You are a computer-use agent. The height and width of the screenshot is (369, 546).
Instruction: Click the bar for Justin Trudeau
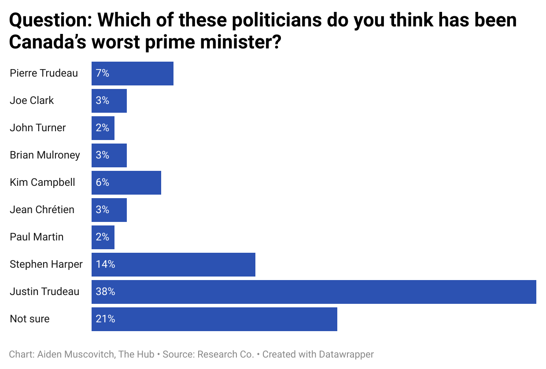[x=314, y=292]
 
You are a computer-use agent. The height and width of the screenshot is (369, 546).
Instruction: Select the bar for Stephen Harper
[x=173, y=264]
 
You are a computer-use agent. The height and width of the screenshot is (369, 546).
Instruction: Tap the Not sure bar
[x=214, y=319]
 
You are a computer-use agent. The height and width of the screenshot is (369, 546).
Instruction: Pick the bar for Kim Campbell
[x=126, y=182]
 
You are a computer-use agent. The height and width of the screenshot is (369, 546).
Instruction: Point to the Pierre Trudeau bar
[x=132, y=73]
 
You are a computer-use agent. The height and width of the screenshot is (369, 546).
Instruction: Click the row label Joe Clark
[x=32, y=100]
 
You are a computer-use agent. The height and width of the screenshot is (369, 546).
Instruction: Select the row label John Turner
[x=37, y=128]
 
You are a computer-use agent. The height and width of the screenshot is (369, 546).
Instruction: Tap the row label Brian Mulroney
[x=45, y=155]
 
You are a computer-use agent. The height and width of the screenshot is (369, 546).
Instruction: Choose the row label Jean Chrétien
[x=42, y=210]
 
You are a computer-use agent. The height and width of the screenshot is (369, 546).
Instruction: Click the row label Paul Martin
[x=37, y=237]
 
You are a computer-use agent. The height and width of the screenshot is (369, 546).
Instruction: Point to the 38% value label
[x=105, y=292]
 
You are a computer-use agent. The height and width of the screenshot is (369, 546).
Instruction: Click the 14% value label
[x=105, y=264]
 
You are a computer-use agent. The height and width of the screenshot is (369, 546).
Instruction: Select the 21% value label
[x=105, y=319]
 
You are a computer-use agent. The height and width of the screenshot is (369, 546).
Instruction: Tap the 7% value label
[x=102, y=73]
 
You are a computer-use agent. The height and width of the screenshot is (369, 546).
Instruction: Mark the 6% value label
[x=102, y=182]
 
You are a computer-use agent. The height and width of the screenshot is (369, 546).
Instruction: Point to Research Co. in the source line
[x=226, y=354]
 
